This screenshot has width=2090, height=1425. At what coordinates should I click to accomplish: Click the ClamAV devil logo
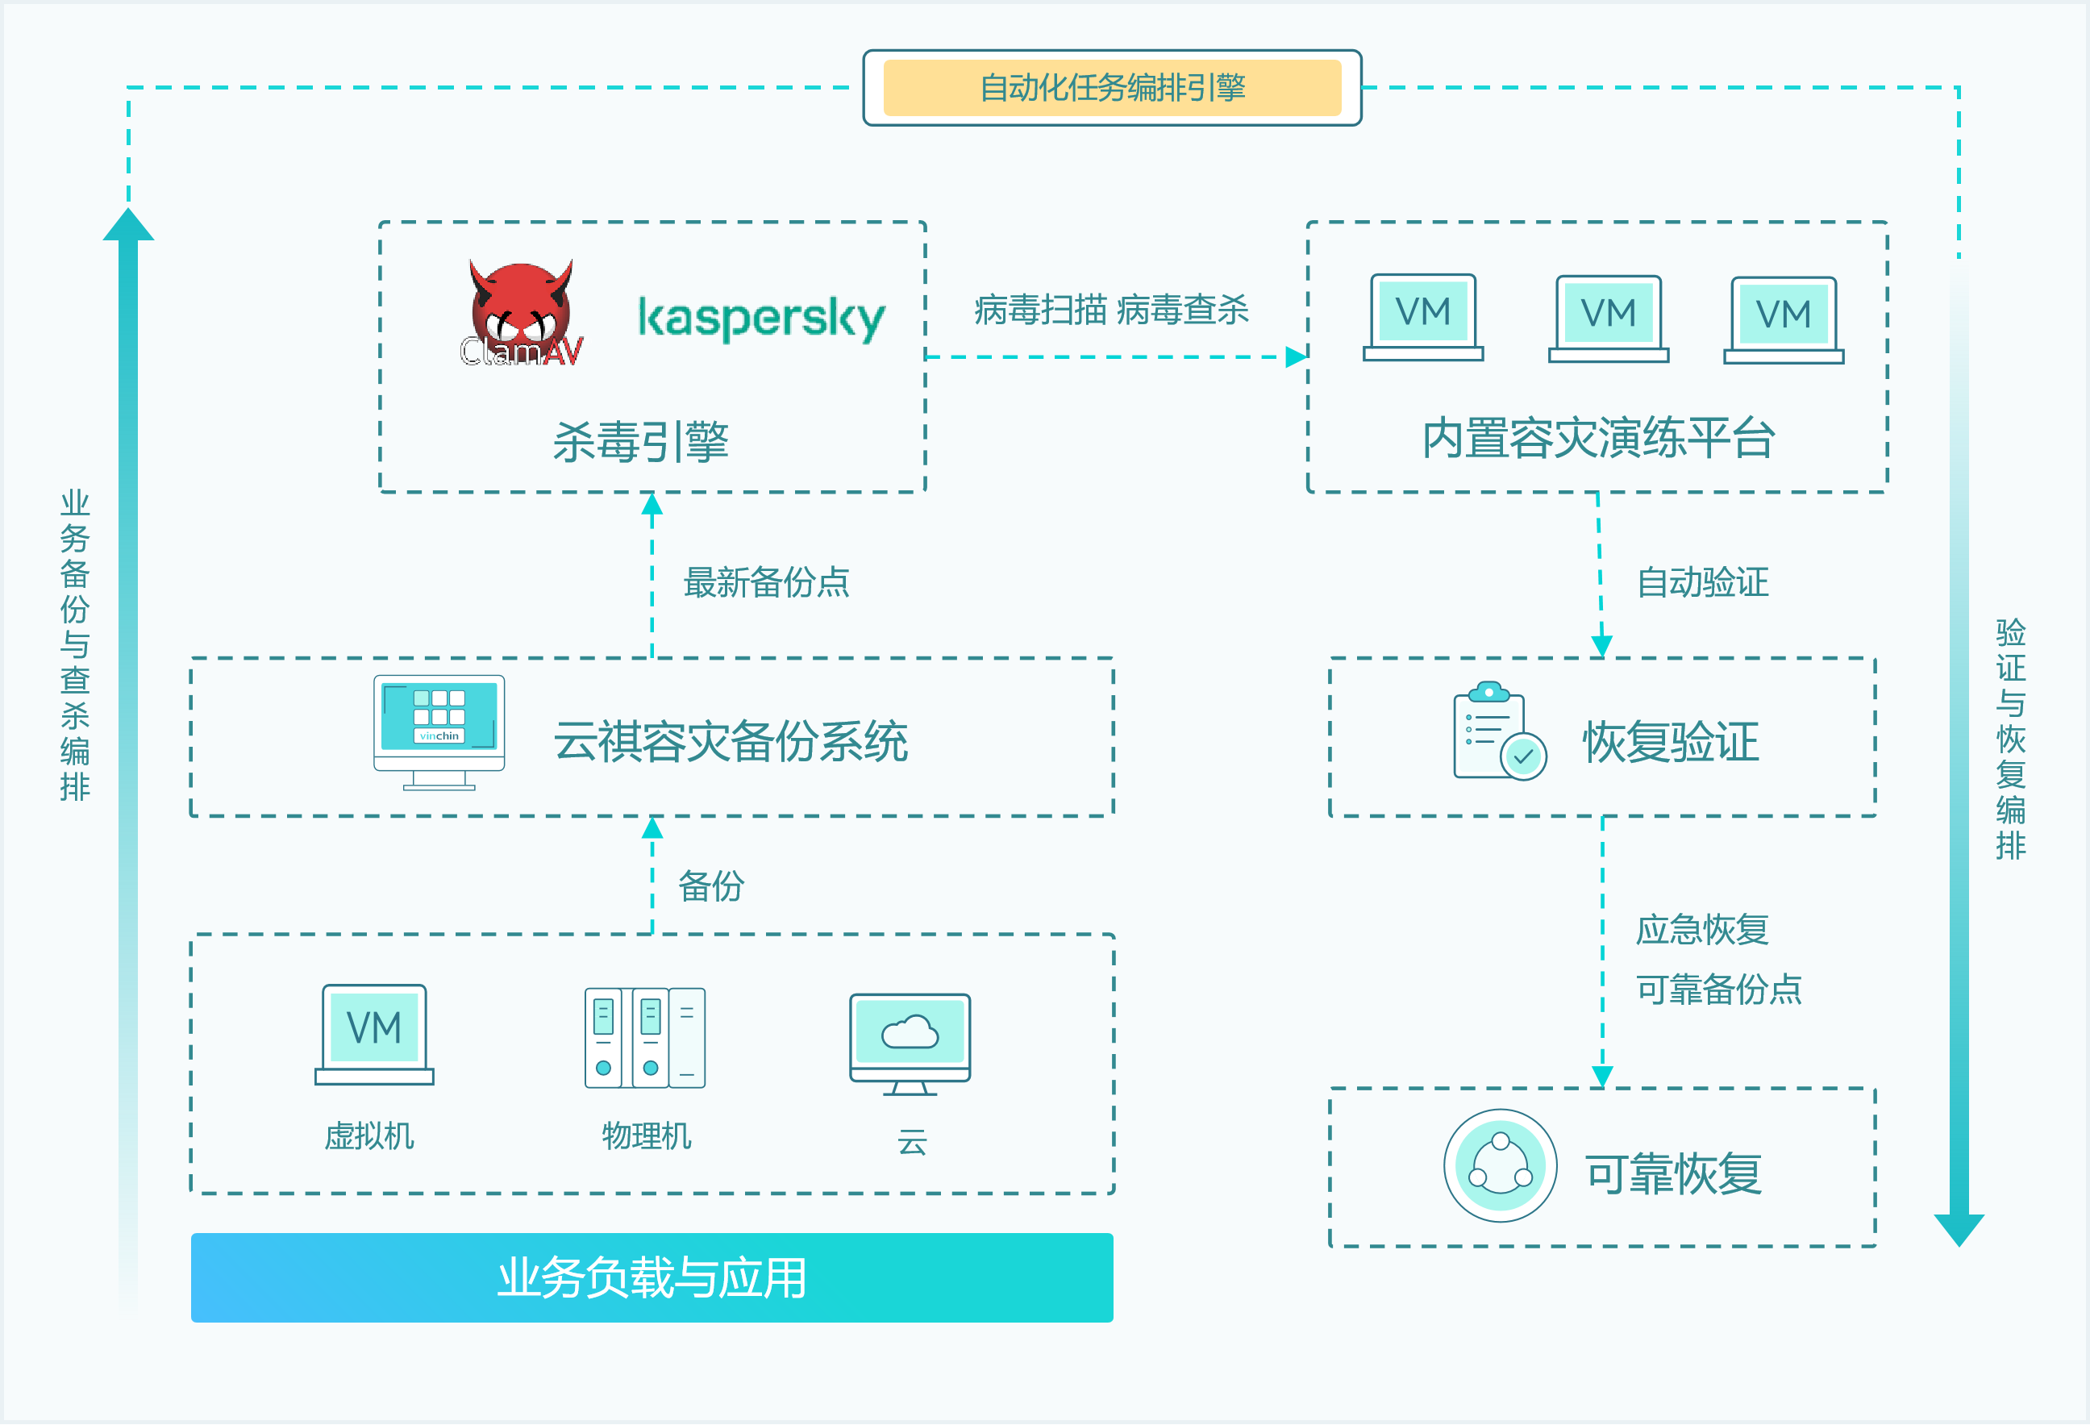(x=522, y=314)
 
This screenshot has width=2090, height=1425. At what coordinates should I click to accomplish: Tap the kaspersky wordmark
(x=761, y=318)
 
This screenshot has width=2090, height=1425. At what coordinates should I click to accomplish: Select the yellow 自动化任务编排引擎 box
(x=1112, y=88)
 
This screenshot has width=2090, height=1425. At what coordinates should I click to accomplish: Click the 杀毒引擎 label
(x=640, y=442)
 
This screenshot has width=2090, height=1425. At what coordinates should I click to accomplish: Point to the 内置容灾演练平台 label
(x=1598, y=438)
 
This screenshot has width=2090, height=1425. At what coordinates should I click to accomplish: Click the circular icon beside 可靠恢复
(x=1500, y=1166)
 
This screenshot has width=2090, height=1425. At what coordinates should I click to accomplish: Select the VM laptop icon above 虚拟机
(x=374, y=1035)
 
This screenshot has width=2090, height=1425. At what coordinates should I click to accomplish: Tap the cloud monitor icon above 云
(x=910, y=1044)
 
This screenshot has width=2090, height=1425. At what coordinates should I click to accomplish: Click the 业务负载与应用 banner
(x=652, y=1277)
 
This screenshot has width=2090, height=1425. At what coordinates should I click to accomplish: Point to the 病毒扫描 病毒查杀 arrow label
(x=1112, y=310)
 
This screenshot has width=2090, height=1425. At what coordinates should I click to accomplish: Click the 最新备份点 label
(x=766, y=582)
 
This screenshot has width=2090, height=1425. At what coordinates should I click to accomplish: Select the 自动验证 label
(x=1702, y=582)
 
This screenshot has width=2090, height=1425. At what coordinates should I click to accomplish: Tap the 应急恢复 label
(x=1702, y=929)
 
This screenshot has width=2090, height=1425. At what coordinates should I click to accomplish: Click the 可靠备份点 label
(x=1718, y=990)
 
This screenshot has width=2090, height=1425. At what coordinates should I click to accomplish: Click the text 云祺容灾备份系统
(x=731, y=742)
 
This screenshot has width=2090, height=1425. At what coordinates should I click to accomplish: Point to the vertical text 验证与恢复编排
(x=2011, y=739)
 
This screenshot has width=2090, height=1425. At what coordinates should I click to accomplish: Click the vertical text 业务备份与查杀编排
(x=75, y=645)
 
